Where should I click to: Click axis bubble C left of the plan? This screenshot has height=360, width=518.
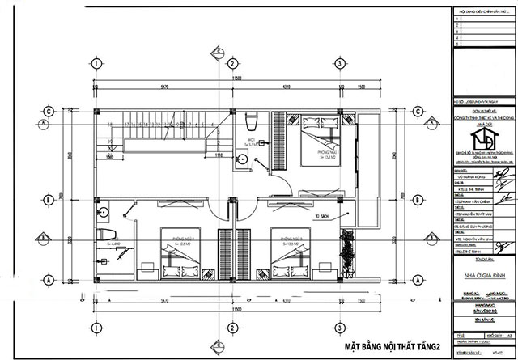(49, 112)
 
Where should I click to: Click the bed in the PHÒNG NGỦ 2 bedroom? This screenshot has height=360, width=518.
(177, 260)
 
